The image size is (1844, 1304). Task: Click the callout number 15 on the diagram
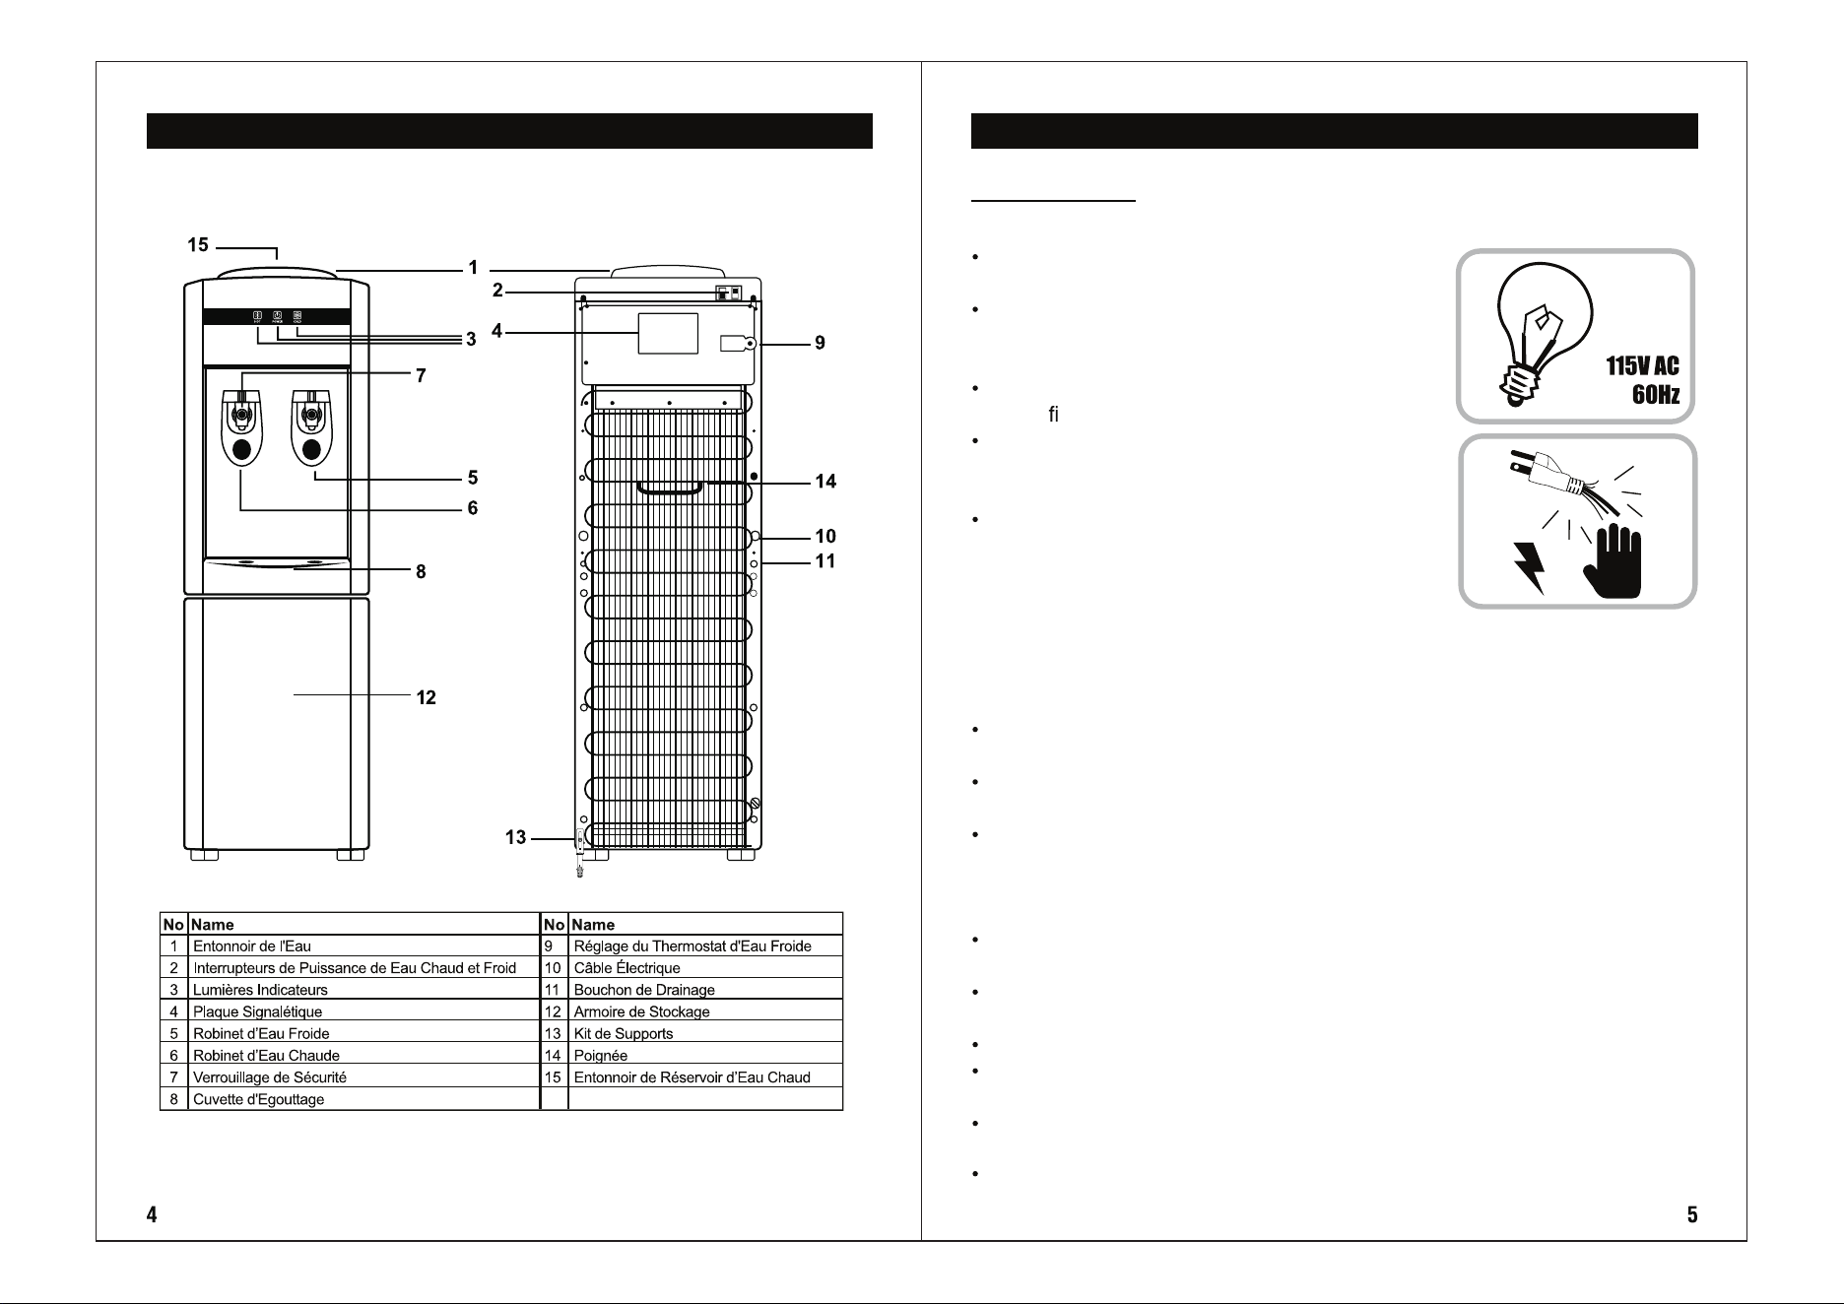point(198,244)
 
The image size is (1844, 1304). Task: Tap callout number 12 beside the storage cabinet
point(426,697)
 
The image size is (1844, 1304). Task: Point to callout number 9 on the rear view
point(820,344)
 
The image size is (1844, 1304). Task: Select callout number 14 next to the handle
point(825,482)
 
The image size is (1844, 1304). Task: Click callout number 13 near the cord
point(515,838)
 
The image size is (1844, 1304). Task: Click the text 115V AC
point(1642,366)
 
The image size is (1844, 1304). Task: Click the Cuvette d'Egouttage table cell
point(258,1099)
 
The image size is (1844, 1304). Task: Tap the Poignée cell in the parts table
point(600,1056)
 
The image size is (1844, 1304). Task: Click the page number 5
point(1691,1214)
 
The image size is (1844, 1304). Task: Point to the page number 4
point(152,1214)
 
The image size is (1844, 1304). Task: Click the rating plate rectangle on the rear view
point(668,333)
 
